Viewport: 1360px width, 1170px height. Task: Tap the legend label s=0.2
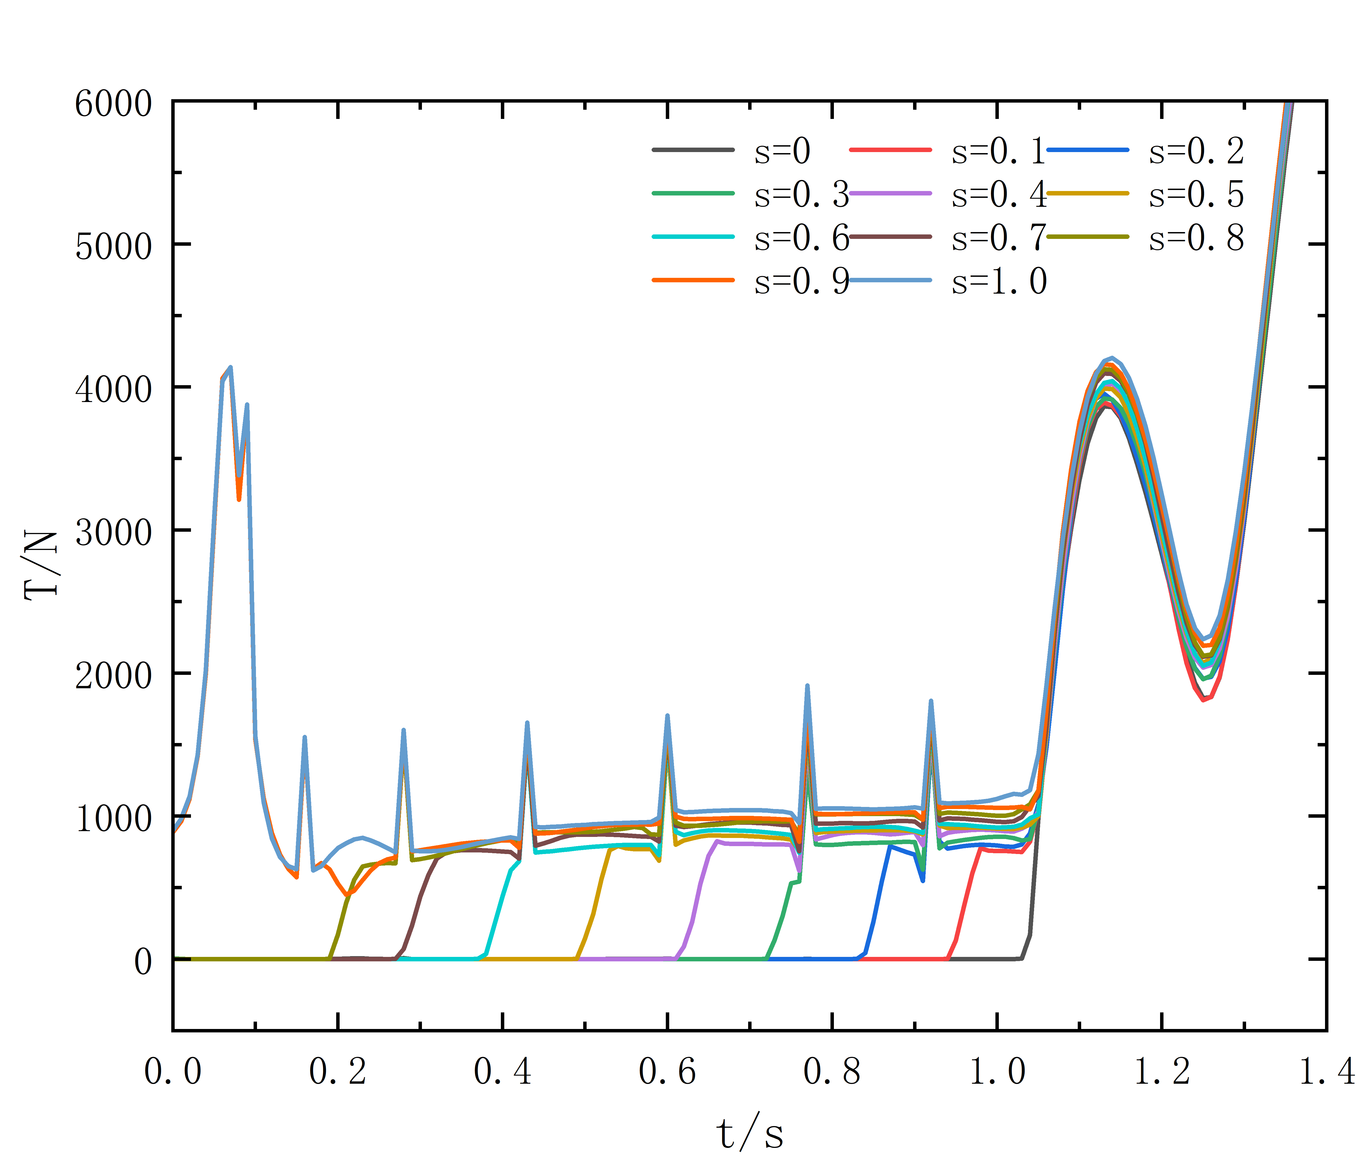(1196, 152)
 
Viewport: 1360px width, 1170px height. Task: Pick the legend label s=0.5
(1196, 194)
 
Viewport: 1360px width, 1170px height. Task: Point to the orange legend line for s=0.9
(693, 280)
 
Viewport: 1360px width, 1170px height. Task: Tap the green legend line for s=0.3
(693, 193)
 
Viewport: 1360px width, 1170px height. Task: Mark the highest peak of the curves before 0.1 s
(230, 367)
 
